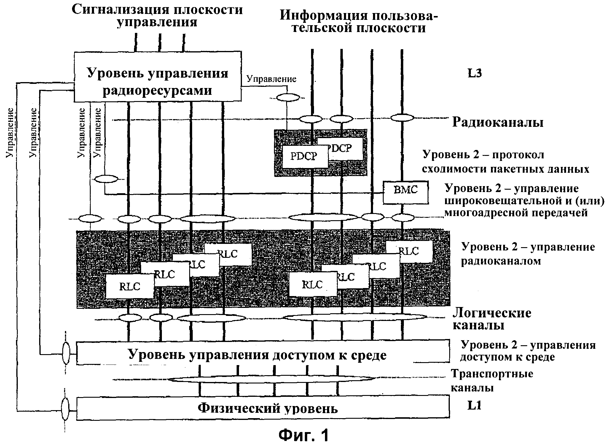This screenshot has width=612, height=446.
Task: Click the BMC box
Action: pos(405,193)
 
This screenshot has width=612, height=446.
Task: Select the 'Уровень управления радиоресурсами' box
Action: pos(157,77)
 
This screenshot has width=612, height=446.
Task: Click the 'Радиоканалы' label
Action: pos(498,122)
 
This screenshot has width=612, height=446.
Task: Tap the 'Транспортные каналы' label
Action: pos(492,381)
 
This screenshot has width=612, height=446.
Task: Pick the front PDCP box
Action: pos(305,156)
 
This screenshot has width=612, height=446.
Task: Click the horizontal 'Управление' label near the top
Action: pos(271,79)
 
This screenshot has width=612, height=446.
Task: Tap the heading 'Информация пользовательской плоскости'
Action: pos(359,21)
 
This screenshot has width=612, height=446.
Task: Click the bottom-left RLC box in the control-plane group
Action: pos(130,286)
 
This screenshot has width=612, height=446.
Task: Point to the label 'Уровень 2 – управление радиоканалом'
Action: pos(528,254)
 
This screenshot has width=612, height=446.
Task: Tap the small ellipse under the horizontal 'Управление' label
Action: pos(288,97)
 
